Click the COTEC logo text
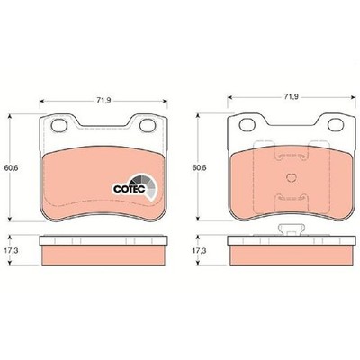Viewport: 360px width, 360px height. point(130,189)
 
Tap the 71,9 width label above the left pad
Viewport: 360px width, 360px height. point(103,101)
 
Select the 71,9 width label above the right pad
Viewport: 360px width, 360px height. point(292,96)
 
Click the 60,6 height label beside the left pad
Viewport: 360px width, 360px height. point(11,168)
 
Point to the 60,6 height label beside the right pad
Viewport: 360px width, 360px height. point(199,168)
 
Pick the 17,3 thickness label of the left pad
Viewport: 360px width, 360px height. point(11,250)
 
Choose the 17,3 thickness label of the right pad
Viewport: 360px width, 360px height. point(199,250)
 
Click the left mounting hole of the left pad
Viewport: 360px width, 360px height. point(58,125)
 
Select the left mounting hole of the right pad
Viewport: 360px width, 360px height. point(247,124)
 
